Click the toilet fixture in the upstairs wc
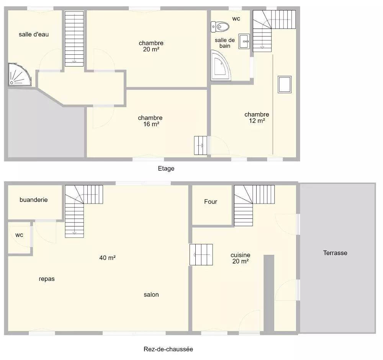pyautogui.click(x=220, y=27)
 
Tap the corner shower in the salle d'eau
pyautogui.click(x=19, y=75)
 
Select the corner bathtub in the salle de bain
pyautogui.click(x=220, y=65)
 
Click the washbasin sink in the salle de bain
pyautogui.click(x=244, y=41)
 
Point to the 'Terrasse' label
pyautogui.click(x=335, y=253)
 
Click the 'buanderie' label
pyautogui.click(x=33, y=200)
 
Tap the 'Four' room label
pyautogui.click(x=211, y=202)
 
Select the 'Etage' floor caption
pyautogui.click(x=166, y=168)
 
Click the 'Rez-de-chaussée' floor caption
pyautogui.click(x=168, y=349)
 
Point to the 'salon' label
pyautogui.click(x=151, y=295)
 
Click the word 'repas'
pyautogui.click(x=47, y=279)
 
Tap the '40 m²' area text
pyautogui.click(x=108, y=257)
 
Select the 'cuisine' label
pyautogui.click(x=241, y=255)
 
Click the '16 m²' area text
pyautogui.click(x=151, y=124)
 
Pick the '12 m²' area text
pyautogui.click(x=257, y=121)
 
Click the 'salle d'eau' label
pyautogui.click(x=34, y=34)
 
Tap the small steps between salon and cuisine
pyautogui.click(x=201, y=254)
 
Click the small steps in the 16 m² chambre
pyautogui.click(x=201, y=145)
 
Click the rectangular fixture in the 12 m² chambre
pyautogui.click(x=285, y=85)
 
